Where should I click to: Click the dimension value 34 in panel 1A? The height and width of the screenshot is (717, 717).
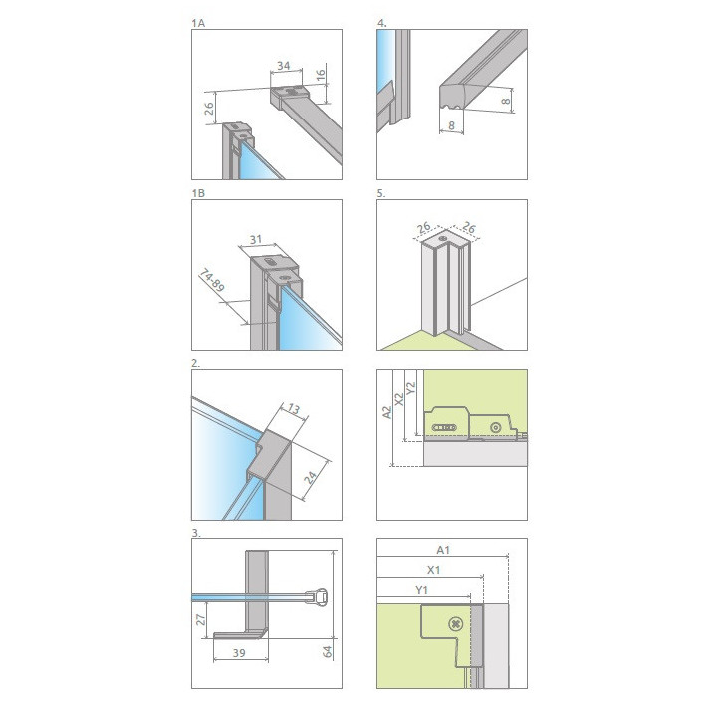point(284,66)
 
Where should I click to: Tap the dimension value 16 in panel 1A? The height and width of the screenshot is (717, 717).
point(321,74)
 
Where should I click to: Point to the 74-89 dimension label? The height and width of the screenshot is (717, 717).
point(212,281)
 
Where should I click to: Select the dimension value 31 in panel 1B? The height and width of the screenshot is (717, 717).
point(256,239)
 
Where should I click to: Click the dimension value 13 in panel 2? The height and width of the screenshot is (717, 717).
point(293,408)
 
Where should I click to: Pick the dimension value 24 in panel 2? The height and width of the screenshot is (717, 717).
point(311,478)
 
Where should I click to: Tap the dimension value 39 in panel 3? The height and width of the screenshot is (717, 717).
point(239,653)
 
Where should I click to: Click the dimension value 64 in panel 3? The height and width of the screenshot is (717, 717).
point(327,651)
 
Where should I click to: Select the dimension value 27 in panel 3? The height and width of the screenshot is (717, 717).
point(200,620)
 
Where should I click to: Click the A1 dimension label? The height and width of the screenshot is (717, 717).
point(443,550)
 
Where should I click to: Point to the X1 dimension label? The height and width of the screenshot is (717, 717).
point(433,570)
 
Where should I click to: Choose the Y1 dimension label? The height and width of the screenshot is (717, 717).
point(421,590)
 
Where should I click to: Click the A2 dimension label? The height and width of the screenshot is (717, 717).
point(386,412)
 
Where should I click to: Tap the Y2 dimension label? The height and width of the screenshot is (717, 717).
point(410,388)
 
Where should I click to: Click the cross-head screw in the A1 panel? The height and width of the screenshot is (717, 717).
point(455,624)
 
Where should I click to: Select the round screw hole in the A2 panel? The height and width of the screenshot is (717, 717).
point(495,428)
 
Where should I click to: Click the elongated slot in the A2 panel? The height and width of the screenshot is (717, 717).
point(444,428)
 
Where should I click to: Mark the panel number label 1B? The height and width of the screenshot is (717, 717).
point(198,193)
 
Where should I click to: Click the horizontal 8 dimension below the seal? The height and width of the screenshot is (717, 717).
point(451,125)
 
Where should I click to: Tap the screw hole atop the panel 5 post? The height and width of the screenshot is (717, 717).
point(442,238)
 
